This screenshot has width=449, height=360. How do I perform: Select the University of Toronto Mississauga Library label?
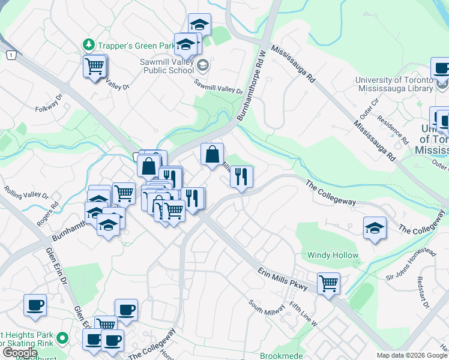pyautogui.click(x=394, y=84)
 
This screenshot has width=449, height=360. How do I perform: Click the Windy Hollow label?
pyautogui.click(x=333, y=255)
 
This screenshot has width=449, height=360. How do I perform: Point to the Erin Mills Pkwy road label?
pyautogui.click(x=282, y=280)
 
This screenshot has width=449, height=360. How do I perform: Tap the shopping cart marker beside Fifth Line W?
pyautogui.click(x=328, y=283)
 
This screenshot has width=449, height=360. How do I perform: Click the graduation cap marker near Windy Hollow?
pyautogui.click(x=375, y=228)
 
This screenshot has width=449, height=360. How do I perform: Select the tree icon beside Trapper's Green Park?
pyautogui.click(x=89, y=44)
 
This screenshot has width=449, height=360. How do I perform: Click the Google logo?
pyautogui.click(x=19, y=353)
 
